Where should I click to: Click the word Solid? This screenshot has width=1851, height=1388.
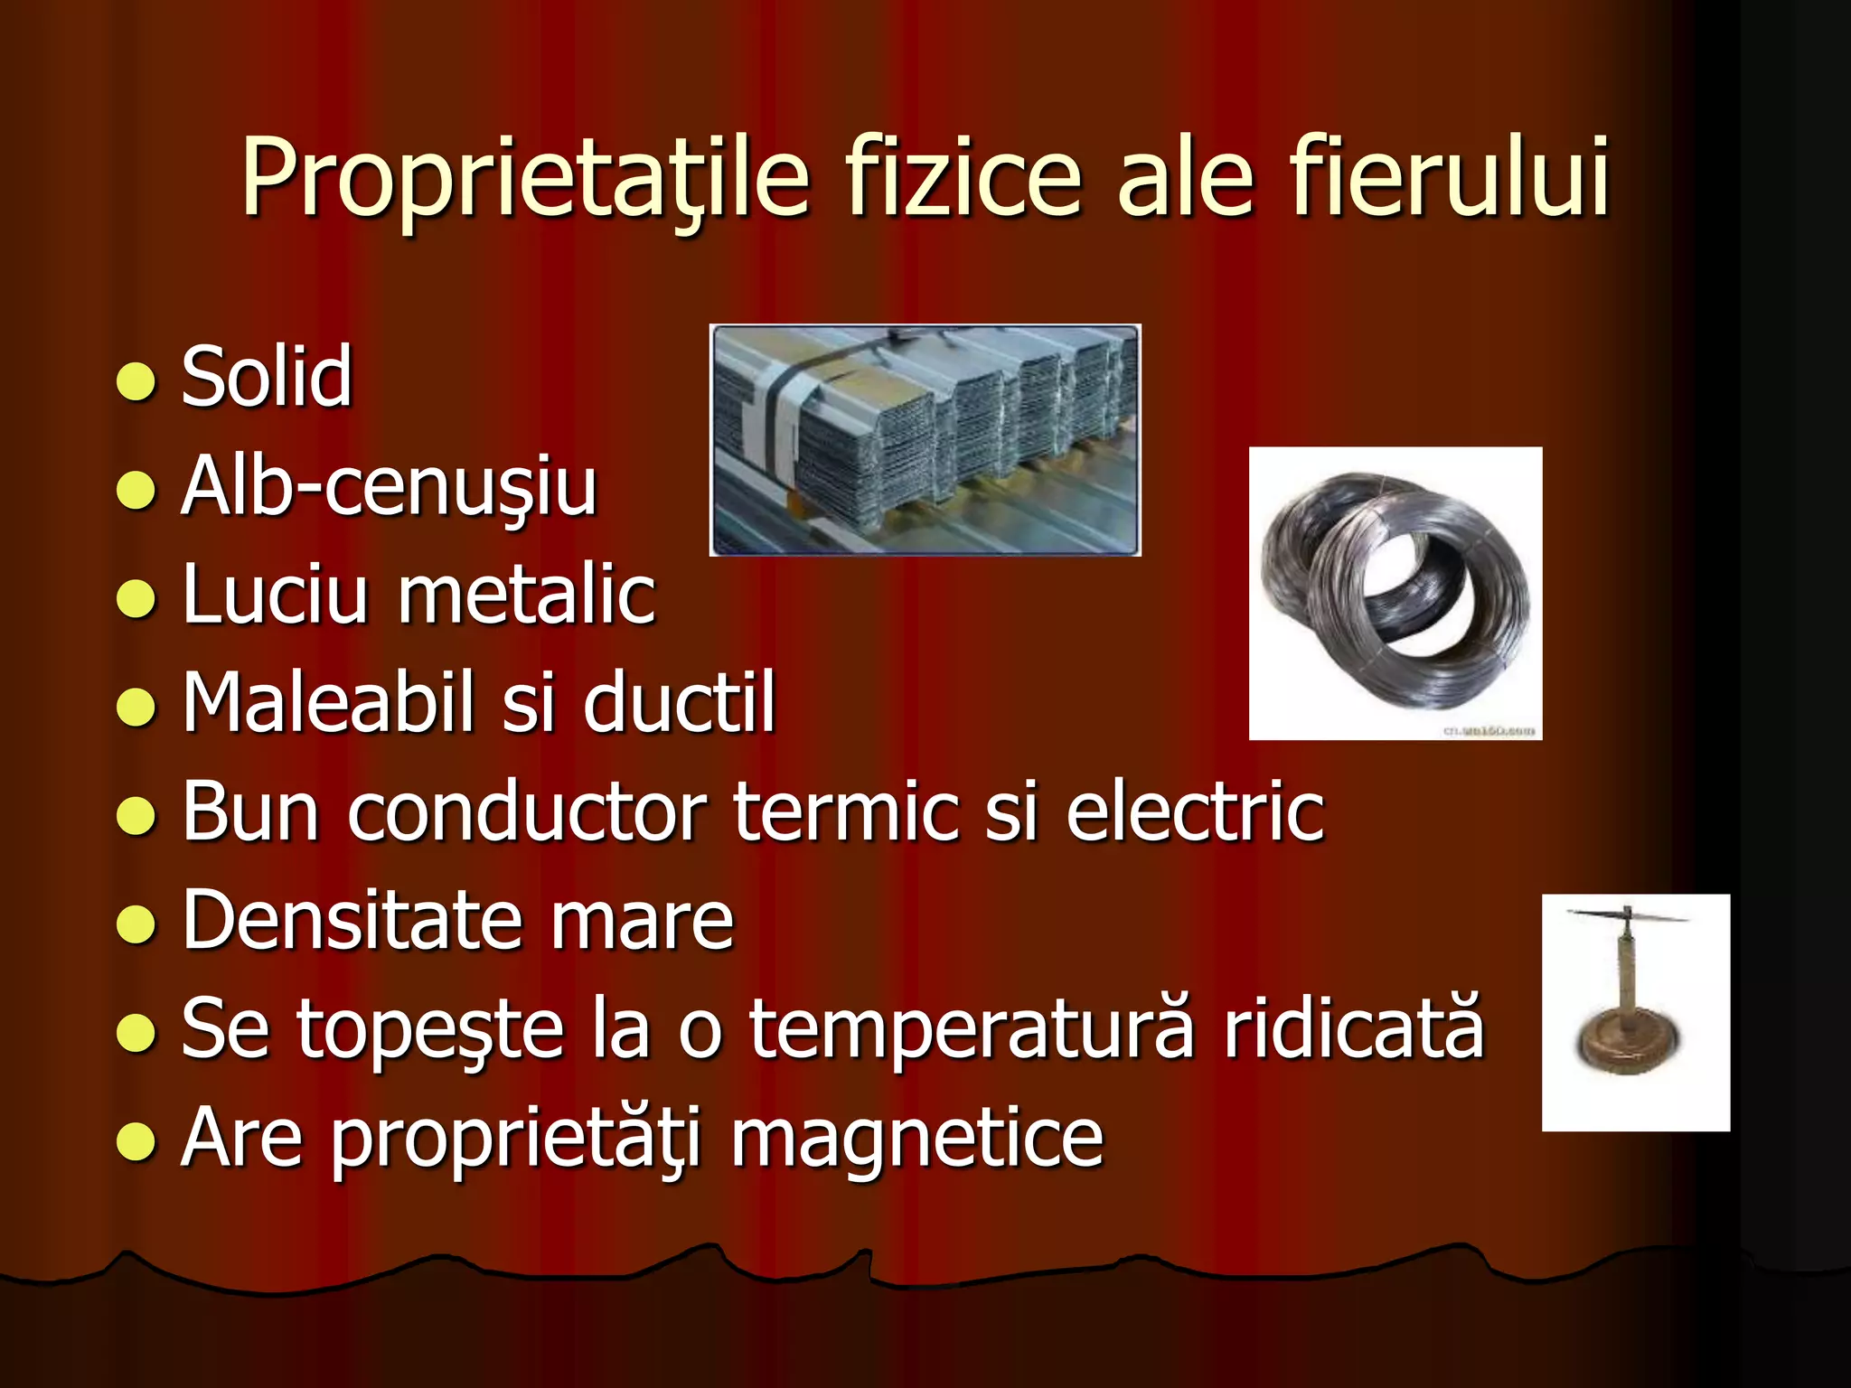click(x=267, y=378)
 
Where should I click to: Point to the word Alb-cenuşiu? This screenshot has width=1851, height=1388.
click(x=389, y=488)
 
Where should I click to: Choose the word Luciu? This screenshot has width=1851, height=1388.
click(x=275, y=595)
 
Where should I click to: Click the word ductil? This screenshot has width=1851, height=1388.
click(x=679, y=703)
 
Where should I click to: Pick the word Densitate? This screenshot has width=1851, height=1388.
click(x=352, y=921)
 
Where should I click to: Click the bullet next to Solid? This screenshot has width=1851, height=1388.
click(x=136, y=382)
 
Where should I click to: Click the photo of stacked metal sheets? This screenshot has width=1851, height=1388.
click(x=925, y=440)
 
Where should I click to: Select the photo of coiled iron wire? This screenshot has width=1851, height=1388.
click(x=1395, y=593)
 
